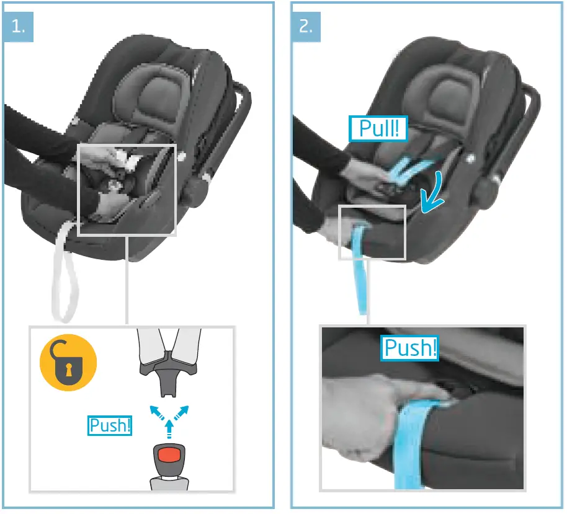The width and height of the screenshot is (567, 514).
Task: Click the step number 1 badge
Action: pos(17,27)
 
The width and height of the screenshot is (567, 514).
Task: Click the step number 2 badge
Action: pos(306,27)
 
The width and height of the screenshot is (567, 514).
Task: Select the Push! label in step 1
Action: pos(110,426)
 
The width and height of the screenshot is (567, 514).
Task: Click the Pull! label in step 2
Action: pos(378,129)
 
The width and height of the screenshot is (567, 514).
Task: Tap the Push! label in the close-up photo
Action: pos(409,348)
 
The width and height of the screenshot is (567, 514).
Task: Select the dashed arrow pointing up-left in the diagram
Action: pos(154,411)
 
